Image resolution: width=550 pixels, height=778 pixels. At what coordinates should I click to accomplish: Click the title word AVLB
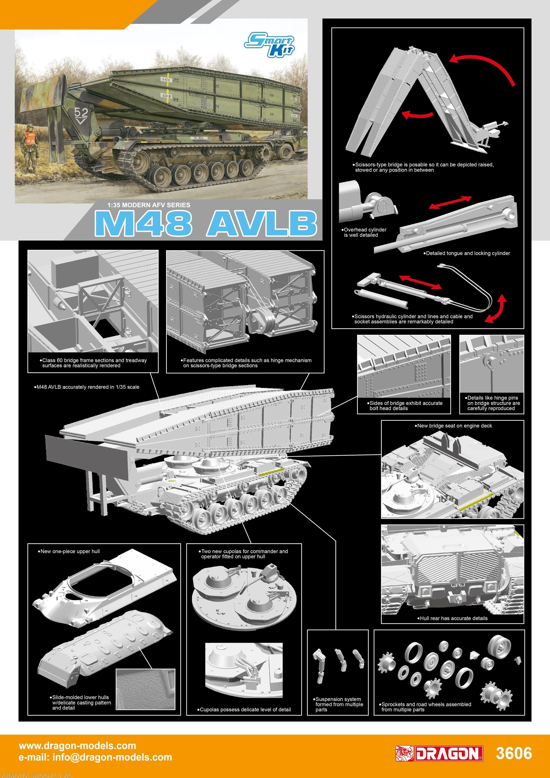pyautogui.click(x=261, y=224)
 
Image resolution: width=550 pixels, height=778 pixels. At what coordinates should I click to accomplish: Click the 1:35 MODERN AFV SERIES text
pyautogui.click(x=149, y=205)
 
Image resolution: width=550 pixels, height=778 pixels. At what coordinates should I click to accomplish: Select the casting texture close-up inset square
pyautogui.click(x=145, y=689)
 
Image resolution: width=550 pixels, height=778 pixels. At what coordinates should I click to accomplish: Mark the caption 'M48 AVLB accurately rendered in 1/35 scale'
pyautogui.click(x=87, y=387)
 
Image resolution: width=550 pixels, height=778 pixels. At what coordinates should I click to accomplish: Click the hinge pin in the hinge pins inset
pyautogui.click(x=489, y=362)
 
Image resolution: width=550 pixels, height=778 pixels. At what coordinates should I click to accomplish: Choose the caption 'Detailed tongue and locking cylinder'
pyautogui.click(x=467, y=253)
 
